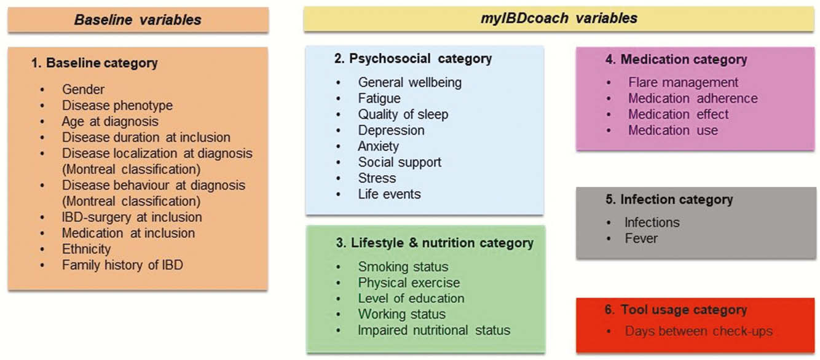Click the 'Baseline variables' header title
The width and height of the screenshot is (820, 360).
pos(138,20)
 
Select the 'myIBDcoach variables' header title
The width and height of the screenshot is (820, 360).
pos(559,18)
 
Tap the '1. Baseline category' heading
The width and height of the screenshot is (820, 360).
pos(95,63)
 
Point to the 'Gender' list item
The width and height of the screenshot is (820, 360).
pos(83,89)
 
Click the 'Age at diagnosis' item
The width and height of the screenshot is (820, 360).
pos(110,122)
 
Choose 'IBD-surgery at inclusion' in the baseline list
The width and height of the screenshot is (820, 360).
pos(132,217)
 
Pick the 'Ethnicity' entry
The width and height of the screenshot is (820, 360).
pos(87,249)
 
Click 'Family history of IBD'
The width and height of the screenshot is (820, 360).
pos(122,265)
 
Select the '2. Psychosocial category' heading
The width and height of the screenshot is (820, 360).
pos(413,58)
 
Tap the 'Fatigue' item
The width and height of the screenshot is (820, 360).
pos(379,98)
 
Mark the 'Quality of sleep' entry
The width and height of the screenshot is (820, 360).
pos(403,114)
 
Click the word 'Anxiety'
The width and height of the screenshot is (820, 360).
pos(379,146)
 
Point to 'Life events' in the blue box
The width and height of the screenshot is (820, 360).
pos(390,194)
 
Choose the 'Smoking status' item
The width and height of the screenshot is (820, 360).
pos(403,267)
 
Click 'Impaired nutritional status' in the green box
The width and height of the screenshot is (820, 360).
pos(434,331)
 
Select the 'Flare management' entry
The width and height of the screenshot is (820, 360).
pos(684,82)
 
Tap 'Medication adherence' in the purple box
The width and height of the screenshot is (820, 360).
pos(693,98)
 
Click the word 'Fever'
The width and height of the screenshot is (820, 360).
pos(641,238)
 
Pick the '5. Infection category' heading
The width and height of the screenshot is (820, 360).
pos(669,200)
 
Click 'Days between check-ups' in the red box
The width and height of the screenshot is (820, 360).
pos(699,331)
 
